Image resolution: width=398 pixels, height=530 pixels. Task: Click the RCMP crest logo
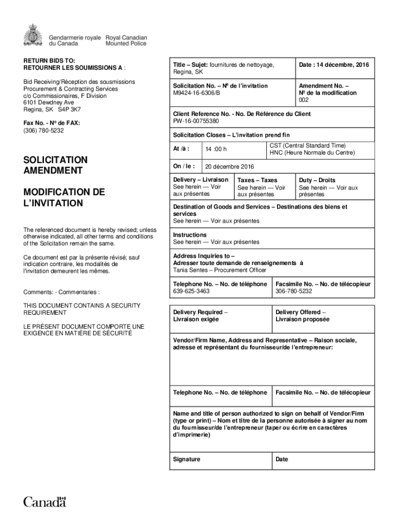[33, 35]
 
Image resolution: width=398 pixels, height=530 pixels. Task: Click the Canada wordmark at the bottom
[45, 502]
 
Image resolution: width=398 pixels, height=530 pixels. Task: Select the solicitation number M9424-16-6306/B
[196, 93]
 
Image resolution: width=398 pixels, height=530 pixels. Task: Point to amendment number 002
[304, 100]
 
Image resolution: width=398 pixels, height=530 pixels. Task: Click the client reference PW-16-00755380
[196, 121]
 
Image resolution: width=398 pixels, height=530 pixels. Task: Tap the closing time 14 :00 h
[216, 150]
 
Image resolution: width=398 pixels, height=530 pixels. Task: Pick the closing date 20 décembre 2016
[229, 167]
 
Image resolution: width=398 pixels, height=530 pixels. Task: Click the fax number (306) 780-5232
[43, 130]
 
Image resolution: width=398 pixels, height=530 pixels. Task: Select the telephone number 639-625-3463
[191, 291]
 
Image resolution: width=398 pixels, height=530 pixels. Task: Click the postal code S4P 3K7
[69, 110]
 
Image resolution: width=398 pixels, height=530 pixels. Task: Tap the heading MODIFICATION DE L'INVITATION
[64, 197]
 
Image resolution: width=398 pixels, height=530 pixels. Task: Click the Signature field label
[187, 459]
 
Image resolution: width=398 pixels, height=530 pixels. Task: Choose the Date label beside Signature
[282, 459]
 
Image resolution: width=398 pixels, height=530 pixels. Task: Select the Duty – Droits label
[317, 180]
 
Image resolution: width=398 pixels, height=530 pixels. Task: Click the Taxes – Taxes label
[257, 180]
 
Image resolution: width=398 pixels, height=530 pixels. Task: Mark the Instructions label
[190, 235]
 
